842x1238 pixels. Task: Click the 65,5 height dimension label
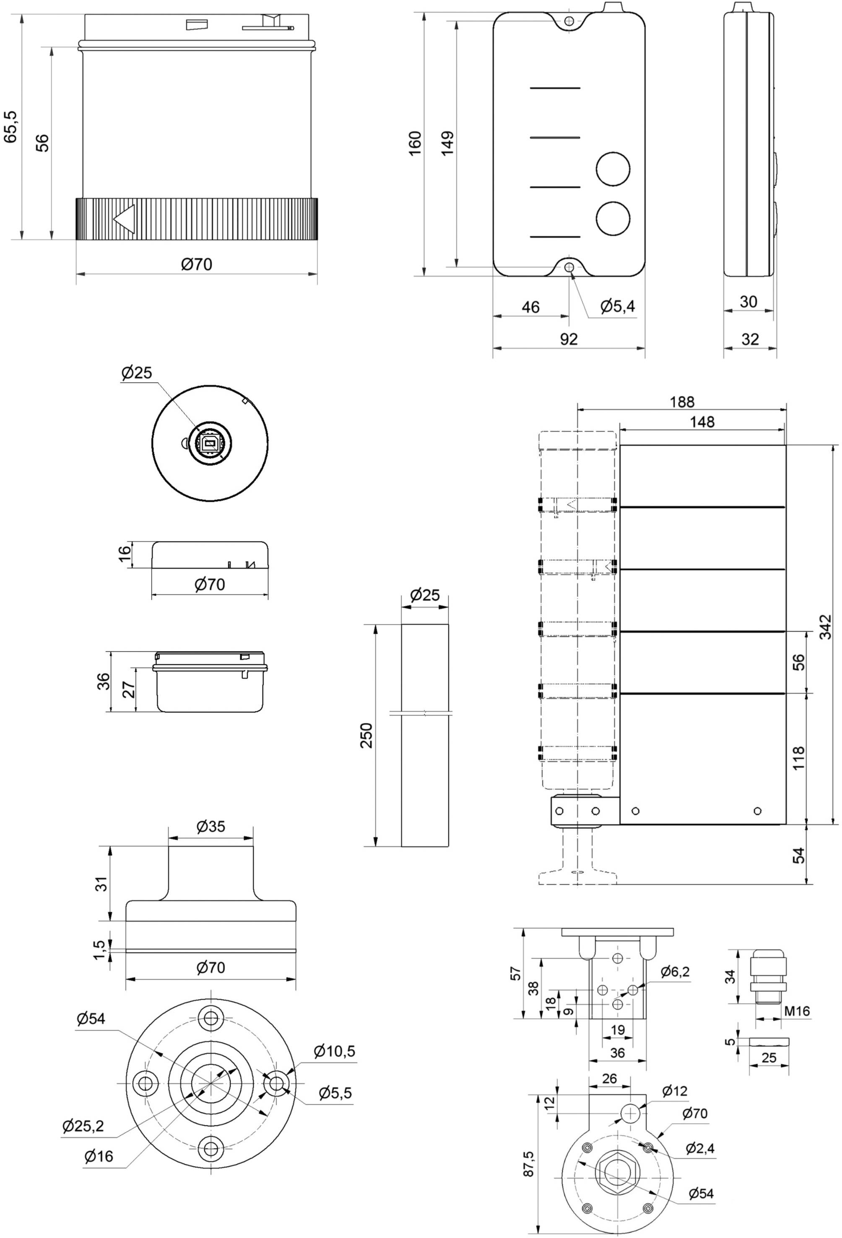pyautogui.click(x=10, y=127)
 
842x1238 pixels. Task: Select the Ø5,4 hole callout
pyautogui.click(x=617, y=306)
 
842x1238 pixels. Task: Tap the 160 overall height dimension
pyautogui.click(x=415, y=143)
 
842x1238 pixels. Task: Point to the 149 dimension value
pyautogui.click(x=448, y=143)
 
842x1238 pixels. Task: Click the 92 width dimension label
pyautogui.click(x=569, y=339)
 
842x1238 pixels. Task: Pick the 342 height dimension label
pyautogui.click(x=824, y=627)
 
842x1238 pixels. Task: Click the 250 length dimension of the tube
pyautogui.click(x=366, y=735)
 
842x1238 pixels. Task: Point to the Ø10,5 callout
pyautogui.click(x=334, y=1051)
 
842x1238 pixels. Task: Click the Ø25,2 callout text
pyautogui.click(x=83, y=1126)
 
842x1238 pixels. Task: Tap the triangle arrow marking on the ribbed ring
pyautogui.click(x=124, y=218)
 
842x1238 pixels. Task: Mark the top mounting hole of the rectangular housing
pyautogui.click(x=569, y=21)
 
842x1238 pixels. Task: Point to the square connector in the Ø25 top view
pyautogui.click(x=208, y=442)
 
